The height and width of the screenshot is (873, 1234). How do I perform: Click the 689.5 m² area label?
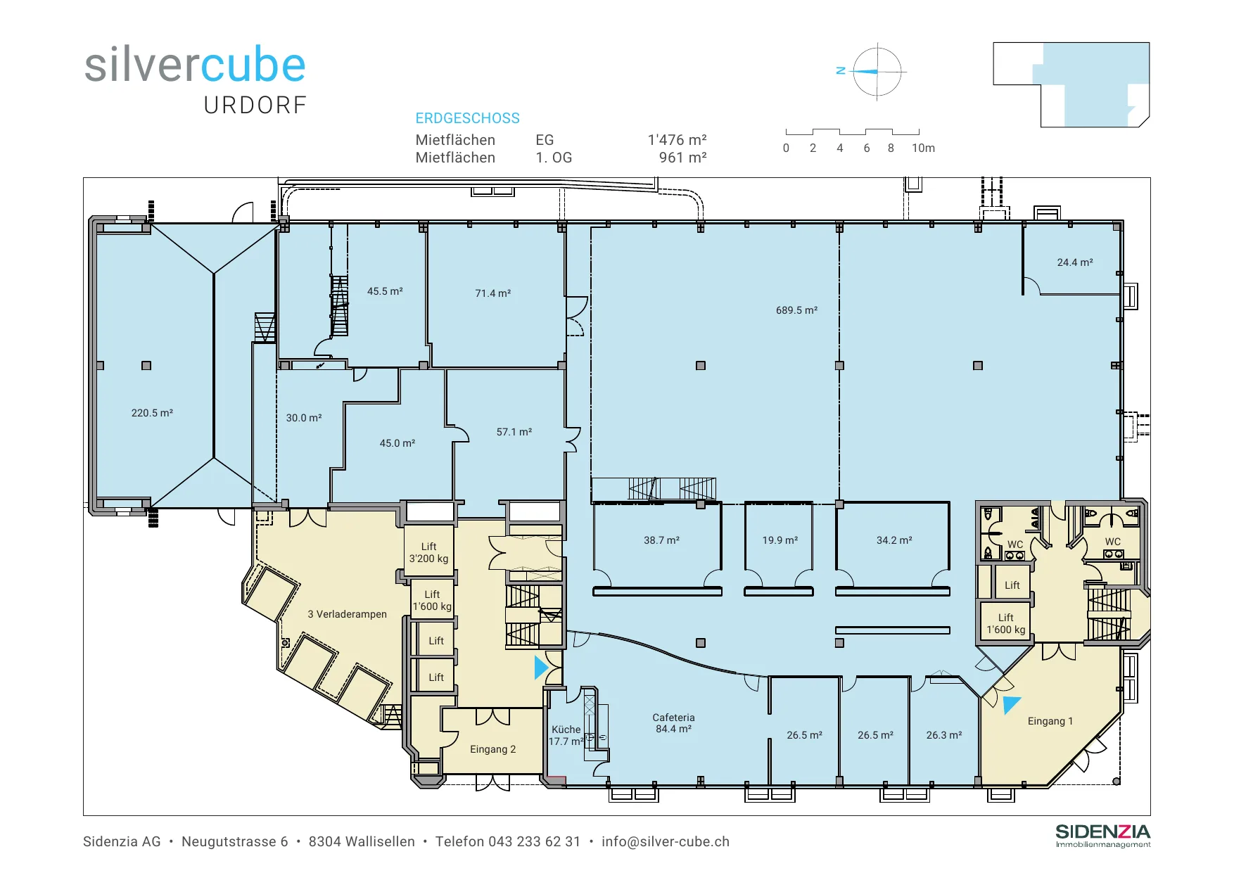pos(796,310)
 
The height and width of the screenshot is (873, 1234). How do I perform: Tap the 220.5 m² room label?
pos(152,413)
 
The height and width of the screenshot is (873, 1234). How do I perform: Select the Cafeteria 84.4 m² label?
pos(673,723)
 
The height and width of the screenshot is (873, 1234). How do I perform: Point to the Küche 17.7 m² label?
pos(566,735)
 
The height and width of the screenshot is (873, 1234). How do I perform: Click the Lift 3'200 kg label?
pos(428,553)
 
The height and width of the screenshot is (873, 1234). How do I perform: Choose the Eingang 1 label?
pos(1050,721)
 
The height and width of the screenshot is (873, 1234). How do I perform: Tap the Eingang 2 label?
pos(492,749)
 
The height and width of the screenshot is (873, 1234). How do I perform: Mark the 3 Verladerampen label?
pos(347,614)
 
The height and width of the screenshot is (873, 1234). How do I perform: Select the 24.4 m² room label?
pos(1075,262)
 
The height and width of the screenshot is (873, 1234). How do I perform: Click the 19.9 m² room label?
pos(780,540)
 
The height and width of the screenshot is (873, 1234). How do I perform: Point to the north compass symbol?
pos(877,72)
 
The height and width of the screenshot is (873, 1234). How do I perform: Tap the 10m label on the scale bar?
pos(923,148)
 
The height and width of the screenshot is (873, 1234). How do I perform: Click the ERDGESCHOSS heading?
pos(467,118)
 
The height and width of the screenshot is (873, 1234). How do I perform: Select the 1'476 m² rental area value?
pos(677,140)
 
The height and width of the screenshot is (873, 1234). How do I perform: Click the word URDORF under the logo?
pos(255,106)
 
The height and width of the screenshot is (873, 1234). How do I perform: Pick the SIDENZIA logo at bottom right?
pos(1102,835)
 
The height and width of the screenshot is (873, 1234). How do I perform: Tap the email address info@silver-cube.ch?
pos(666,841)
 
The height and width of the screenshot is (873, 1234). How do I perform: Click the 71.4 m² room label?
pos(492,293)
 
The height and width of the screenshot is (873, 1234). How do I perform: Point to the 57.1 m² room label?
pos(514,432)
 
